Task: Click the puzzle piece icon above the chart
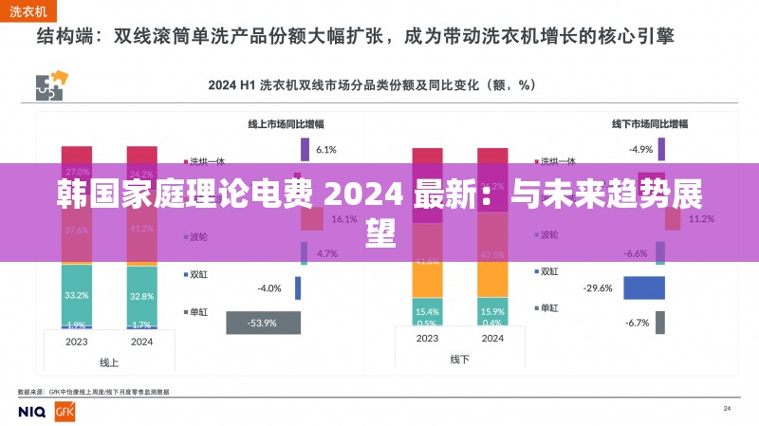click(x=48, y=87)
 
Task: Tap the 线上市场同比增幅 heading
click(x=286, y=123)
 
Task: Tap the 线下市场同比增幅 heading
click(x=650, y=123)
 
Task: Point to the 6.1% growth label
click(x=326, y=149)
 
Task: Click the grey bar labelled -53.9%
click(x=264, y=323)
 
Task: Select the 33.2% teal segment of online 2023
click(x=77, y=294)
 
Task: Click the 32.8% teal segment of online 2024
click(x=141, y=295)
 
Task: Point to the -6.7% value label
click(x=637, y=323)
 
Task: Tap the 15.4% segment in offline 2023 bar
click(x=427, y=310)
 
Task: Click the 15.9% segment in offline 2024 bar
click(x=492, y=310)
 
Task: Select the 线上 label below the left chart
click(x=109, y=362)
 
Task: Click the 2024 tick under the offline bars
click(x=492, y=338)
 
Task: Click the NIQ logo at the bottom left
click(x=33, y=411)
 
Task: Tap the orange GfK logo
click(x=65, y=411)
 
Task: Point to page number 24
click(x=727, y=408)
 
